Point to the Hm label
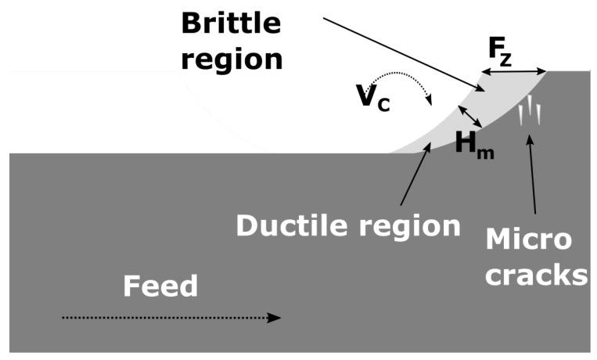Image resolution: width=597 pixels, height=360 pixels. (x=473, y=142)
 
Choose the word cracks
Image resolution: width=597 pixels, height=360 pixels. (x=536, y=275)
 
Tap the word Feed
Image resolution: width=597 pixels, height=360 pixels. (x=160, y=288)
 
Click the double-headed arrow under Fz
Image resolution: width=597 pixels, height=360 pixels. (x=513, y=72)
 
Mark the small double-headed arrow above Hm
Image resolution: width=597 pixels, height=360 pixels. (x=470, y=117)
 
